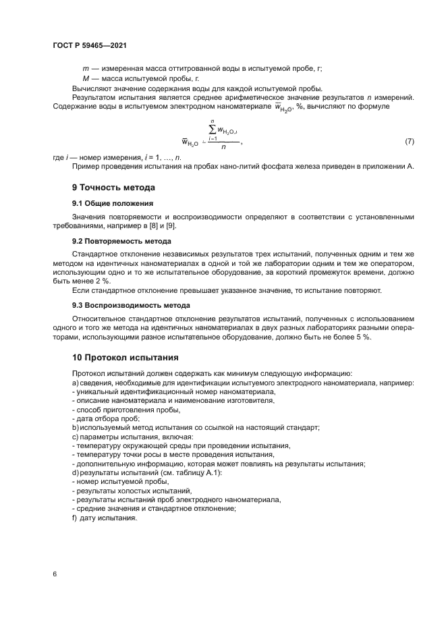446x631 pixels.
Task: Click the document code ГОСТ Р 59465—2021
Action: click(90, 45)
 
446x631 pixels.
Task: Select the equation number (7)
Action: click(409, 142)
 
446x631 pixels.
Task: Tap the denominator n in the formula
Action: click(223, 152)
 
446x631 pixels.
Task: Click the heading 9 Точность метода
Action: click(113, 187)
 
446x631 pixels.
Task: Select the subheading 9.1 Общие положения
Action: click(112, 202)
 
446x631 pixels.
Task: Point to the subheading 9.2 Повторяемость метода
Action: click(121, 240)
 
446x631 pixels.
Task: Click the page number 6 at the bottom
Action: click(55, 574)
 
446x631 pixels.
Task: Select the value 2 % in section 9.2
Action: click(100, 281)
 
